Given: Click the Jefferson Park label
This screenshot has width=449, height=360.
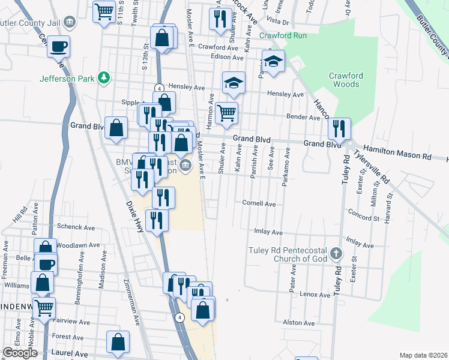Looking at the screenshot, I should point(67,78).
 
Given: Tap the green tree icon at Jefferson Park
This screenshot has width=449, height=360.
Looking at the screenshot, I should point(104,77).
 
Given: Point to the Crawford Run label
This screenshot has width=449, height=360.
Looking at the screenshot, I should point(283,35).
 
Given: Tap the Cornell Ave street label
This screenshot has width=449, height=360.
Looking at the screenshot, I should point(259,204).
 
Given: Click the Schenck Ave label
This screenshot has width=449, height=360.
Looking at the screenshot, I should point(76,227).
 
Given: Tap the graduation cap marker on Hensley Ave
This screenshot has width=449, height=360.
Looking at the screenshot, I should point(234,82).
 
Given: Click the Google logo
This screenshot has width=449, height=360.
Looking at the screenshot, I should point(20,353).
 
